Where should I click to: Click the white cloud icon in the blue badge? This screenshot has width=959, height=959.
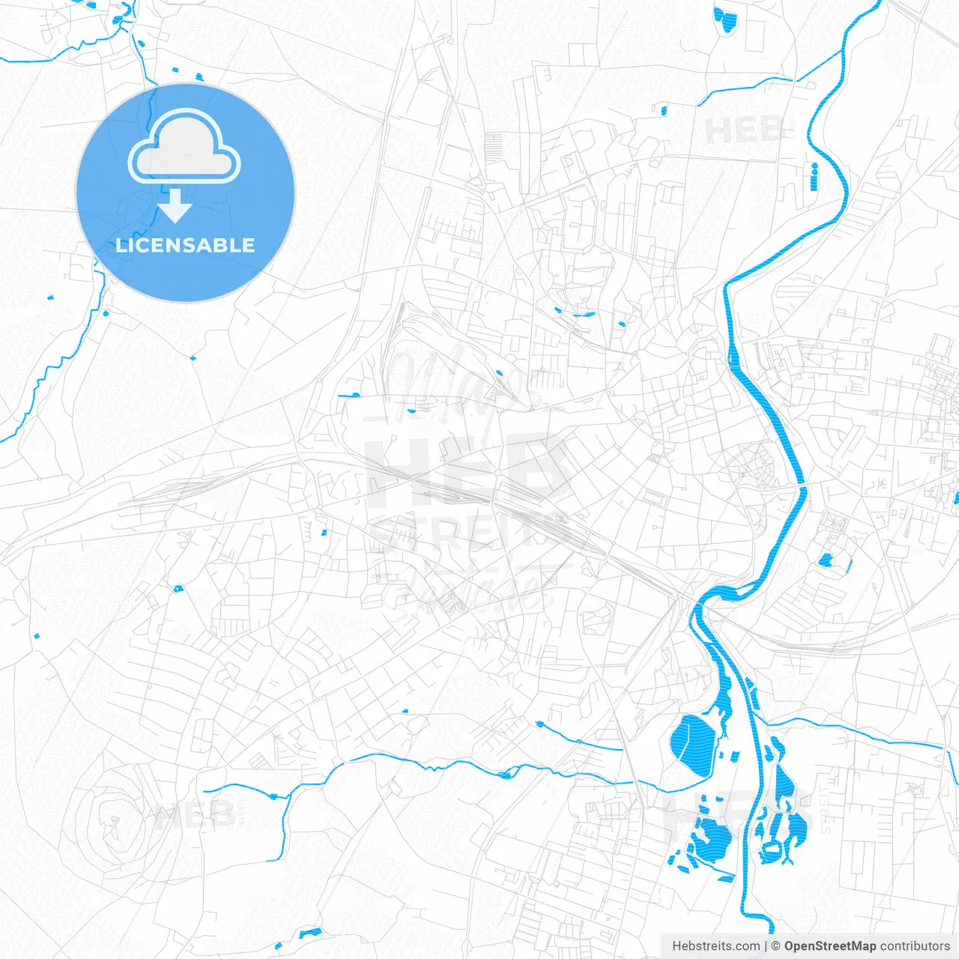click(184, 147)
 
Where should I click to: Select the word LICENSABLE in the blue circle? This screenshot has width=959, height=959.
click(185, 245)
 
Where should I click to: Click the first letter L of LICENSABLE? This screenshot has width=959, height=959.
click(120, 245)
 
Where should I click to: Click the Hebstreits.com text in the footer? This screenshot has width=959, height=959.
click(716, 946)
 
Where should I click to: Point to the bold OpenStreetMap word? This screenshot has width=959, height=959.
click(829, 946)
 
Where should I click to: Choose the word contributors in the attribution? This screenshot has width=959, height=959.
click(915, 946)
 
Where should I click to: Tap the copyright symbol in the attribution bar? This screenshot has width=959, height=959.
click(775, 946)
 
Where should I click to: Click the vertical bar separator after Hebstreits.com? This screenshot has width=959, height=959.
click(766, 946)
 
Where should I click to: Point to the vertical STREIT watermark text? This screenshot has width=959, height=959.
click(826, 809)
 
